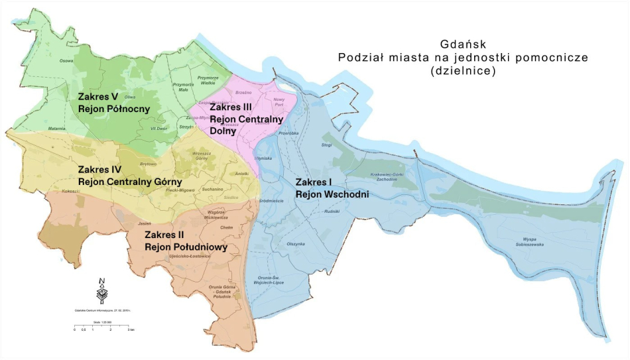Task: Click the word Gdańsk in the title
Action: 463,44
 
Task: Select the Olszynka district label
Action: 295,243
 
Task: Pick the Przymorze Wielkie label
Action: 207,80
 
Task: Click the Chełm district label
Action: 227,227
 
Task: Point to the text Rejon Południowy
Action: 186,247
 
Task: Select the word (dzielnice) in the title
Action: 463,70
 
